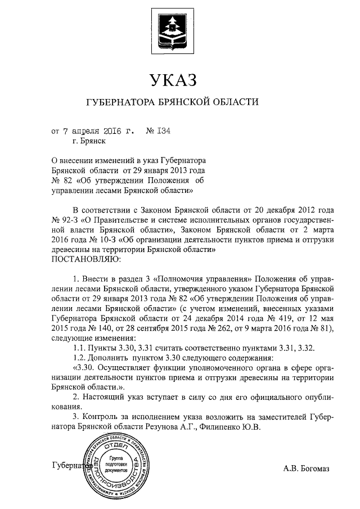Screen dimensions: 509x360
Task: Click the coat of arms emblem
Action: click(x=172, y=28)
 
